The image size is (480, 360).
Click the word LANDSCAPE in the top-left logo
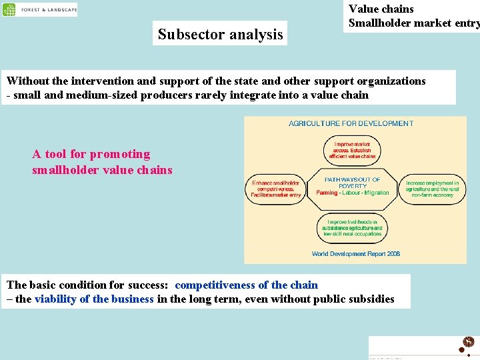coord(61,10)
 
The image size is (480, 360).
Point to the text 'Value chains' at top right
coord(381,9)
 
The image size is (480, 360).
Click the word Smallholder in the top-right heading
coord(379,23)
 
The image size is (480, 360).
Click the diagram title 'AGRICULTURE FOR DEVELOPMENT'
coord(351,123)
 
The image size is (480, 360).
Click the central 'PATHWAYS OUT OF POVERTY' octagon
coord(352,186)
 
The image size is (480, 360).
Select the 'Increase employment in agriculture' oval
coord(433,189)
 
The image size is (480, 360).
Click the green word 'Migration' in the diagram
coord(376,193)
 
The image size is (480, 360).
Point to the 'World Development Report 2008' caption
coord(355,253)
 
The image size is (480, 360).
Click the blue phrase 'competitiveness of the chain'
coord(246,285)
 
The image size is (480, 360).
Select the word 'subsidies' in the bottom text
coord(370,299)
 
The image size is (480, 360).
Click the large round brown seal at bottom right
coord(468,342)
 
